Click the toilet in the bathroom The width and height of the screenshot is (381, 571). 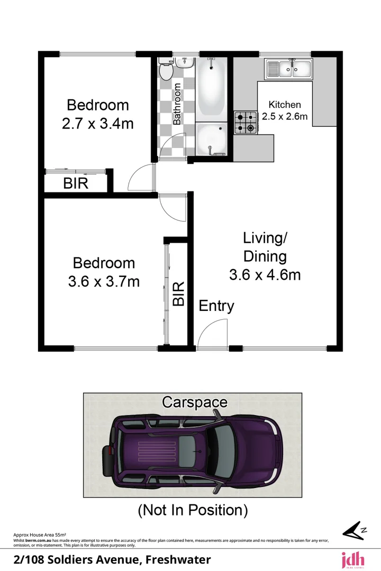[166, 70]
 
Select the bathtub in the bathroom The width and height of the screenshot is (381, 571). [212, 87]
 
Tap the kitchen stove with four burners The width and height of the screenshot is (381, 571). [245, 123]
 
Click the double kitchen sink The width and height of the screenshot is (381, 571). [289, 68]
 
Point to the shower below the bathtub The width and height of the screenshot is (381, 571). [212, 140]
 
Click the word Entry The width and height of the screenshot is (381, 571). [216, 306]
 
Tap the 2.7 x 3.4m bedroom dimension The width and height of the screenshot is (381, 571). [97, 124]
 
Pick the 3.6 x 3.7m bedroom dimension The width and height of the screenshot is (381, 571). [104, 282]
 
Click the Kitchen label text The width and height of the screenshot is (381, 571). [285, 105]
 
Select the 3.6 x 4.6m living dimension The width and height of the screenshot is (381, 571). [265, 275]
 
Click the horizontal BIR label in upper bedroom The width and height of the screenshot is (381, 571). [76, 183]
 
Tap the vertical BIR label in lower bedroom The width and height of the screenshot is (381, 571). [179, 293]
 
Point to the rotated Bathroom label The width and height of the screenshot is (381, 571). [177, 104]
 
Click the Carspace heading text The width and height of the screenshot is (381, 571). [194, 402]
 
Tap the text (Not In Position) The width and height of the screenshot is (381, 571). [193, 510]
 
